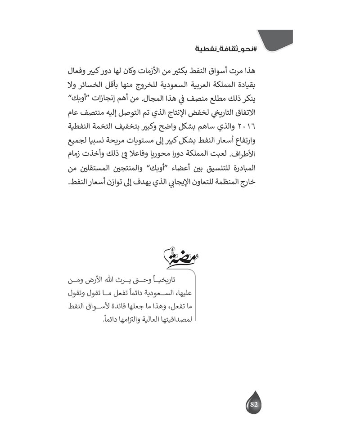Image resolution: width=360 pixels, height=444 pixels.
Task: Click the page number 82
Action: click(x=253, y=404)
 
